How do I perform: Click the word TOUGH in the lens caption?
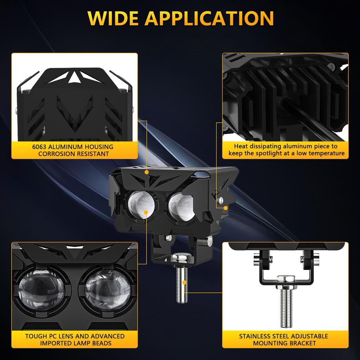coord(37,336)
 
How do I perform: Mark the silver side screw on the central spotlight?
coord(220,200)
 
